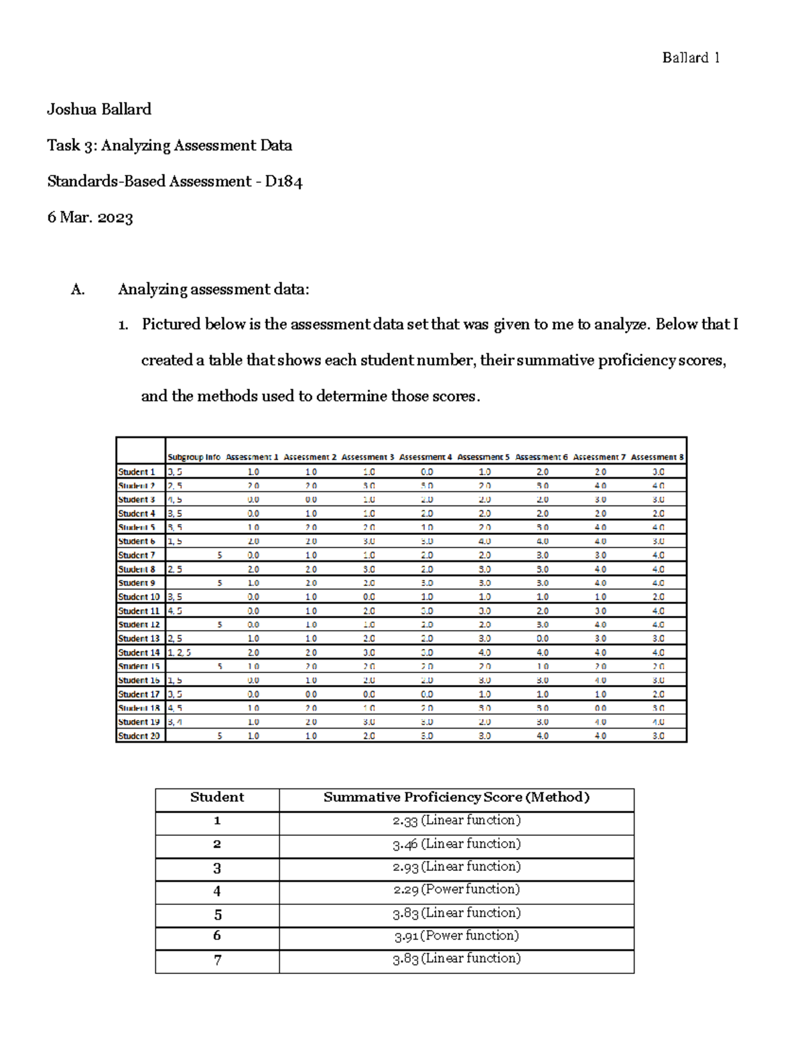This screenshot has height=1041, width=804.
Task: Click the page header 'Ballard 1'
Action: click(x=691, y=58)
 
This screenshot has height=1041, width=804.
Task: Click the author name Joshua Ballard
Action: click(x=99, y=109)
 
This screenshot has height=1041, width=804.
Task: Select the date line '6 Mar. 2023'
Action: click(x=90, y=217)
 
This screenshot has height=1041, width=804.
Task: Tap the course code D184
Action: click(x=283, y=181)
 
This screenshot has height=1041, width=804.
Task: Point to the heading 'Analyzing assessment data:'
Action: click(x=214, y=289)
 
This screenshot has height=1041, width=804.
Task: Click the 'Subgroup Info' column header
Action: click(x=194, y=457)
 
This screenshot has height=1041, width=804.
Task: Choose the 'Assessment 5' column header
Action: click(x=483, y=457)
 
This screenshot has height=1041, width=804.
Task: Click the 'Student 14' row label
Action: click(x=139, y=652)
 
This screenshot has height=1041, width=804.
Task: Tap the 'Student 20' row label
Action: click(x=139, y=736)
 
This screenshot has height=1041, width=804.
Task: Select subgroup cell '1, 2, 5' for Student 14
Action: click(x=179, y=652)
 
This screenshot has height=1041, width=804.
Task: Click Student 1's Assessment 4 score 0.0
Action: click(x=427, y=472)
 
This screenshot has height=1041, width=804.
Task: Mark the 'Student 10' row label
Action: click(x=139, y=597)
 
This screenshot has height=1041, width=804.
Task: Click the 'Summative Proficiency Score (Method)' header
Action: click(x=456, y=797)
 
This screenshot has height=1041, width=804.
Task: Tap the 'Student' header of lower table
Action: click(x=217, y=797)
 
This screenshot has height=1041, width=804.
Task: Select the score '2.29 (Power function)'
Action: click(x=456, y=890)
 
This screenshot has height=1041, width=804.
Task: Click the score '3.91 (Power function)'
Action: click(x=456, y=936)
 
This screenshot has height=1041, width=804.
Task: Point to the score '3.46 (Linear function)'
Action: click(x=456, y=844)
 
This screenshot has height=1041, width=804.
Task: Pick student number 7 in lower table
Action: click(x=217, y=960)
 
